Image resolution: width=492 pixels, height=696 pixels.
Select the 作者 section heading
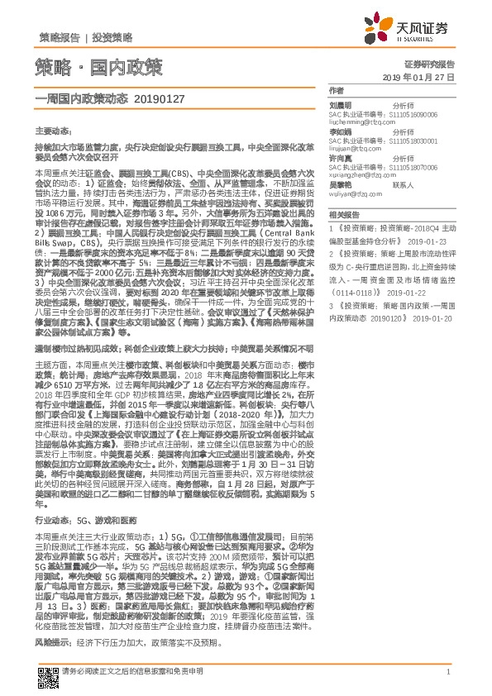(335, 89)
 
